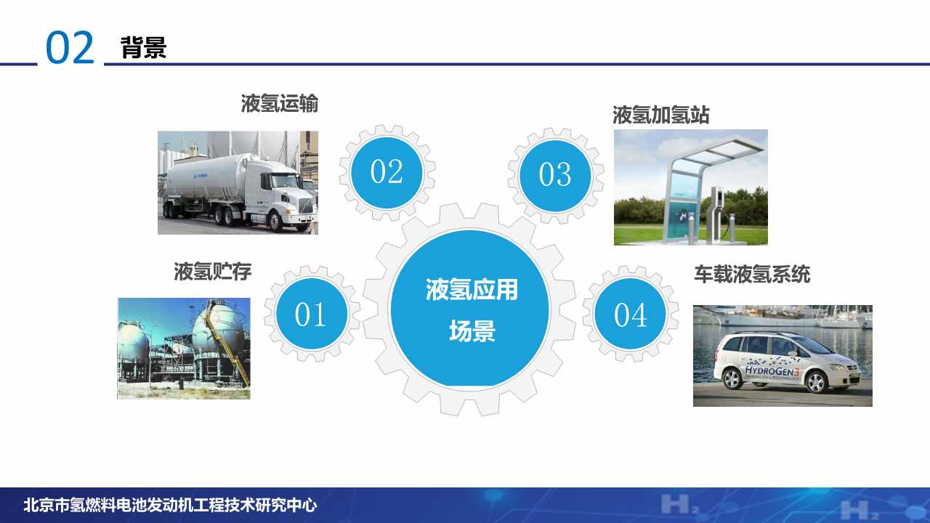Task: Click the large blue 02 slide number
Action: pyautogui.click(x=70, y=48)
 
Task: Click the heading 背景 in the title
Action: pyautogui.click(x=144, y=47)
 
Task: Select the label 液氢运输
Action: pyautogui.click(x=280, y=104)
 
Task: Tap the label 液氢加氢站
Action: pyautogui.click(x=660, y=115)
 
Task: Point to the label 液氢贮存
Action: pyautogui.click(x=212, y=272)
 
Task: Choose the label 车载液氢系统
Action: pyautogui.click(x=751, y=275)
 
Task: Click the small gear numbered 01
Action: pyautogui.click(x=311, y=314)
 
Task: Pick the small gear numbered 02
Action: pyautogui.click(x=387, y=172)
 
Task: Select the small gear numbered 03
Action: pyautogui.click(x=555, y=174)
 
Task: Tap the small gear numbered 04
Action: pyautogui.click(x=630, y=315)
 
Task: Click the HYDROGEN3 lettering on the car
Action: pyautogui.click(x=771, y=371)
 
